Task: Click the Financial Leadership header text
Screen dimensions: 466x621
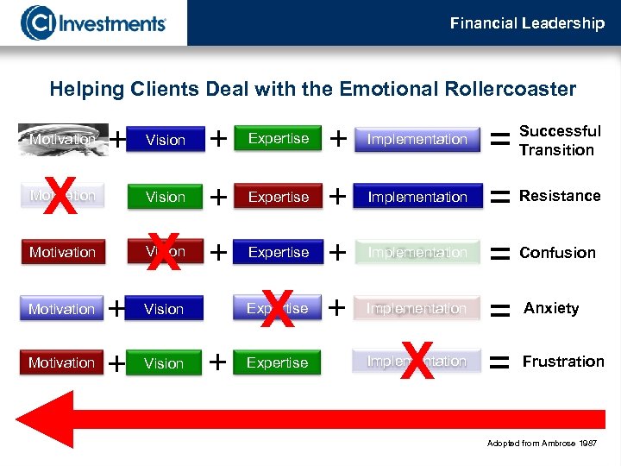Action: click(527, 23)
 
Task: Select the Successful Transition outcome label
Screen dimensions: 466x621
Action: click(560, 141)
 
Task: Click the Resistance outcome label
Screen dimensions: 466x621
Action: click(560, 196)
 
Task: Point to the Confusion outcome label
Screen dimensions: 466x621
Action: click(557, 253)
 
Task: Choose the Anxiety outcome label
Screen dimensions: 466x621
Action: click(551, 308)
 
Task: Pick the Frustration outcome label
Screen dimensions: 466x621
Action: click(563, 362)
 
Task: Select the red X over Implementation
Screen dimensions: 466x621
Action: click(417, 361)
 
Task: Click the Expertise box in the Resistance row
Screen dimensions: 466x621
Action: click(279, 197)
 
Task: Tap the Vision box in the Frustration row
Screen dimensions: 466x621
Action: click(164, 363)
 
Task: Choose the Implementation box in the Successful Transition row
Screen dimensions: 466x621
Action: click(417, 139)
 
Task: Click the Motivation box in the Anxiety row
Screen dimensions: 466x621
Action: click(61, 308)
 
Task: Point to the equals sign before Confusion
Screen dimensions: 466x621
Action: click(499, 253)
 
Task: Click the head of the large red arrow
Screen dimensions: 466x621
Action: click(39, 420)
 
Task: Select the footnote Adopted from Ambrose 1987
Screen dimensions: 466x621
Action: click(541, 444)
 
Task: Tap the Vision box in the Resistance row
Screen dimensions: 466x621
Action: click(166, 197)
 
